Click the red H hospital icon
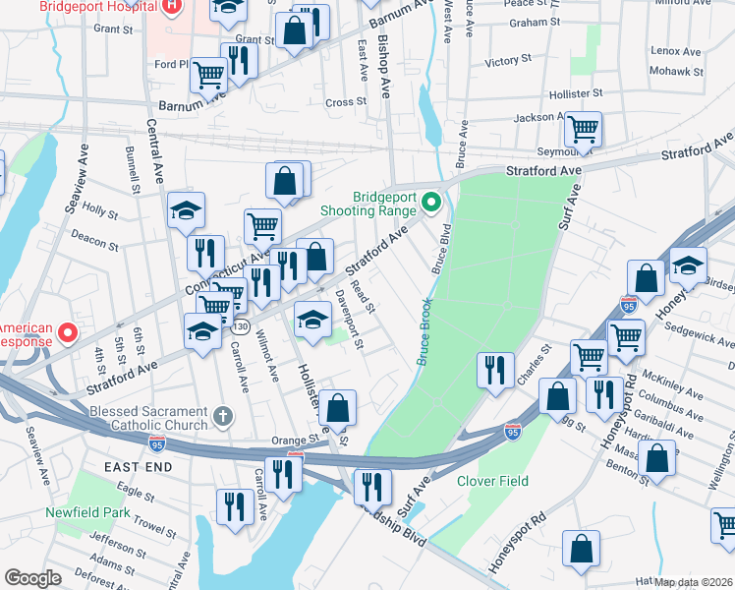click(171, 5)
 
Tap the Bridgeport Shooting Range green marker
click(429, 204)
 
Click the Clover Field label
click(492, 481)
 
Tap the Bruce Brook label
click(424, 331)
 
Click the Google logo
click(32, 578)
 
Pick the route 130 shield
click(241, 325)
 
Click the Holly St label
click(100, 209)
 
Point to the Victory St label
click(508, 62)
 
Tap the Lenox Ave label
click(676, 50)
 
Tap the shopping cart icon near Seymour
click(584, 128)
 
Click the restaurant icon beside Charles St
click(494, 369)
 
